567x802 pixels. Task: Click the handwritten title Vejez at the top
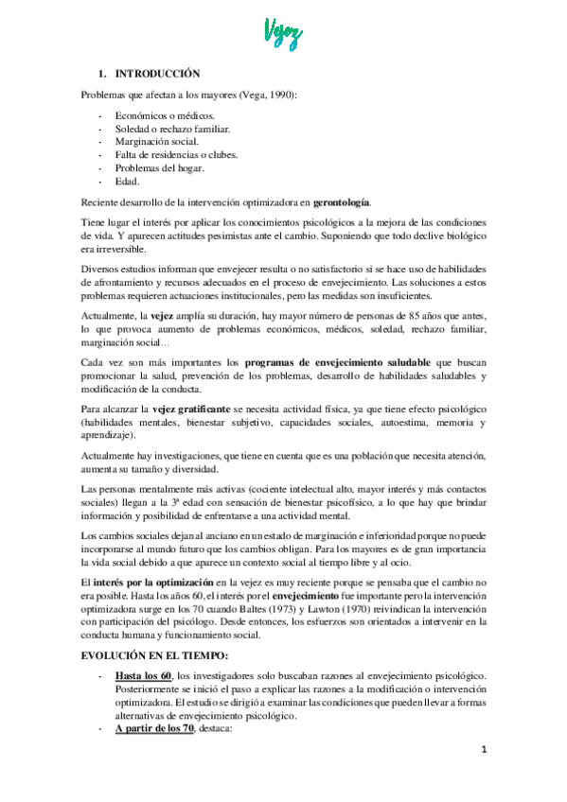[x=282, y=36]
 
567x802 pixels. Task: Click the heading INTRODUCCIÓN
[x=157, y=73]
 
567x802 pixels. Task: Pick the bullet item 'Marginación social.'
[x=151, y=141]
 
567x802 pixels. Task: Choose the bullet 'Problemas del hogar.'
[x=154, y=167]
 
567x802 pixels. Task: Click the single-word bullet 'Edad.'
[x=126, y=181]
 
